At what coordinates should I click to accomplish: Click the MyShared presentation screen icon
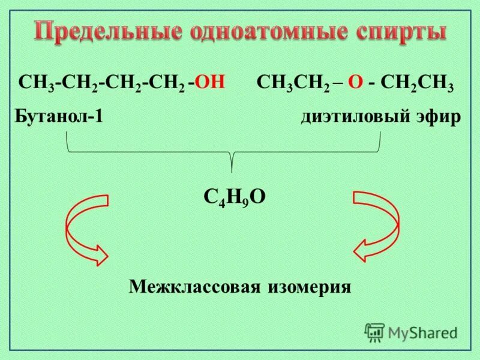pyautogui.click(x=374, y=332)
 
